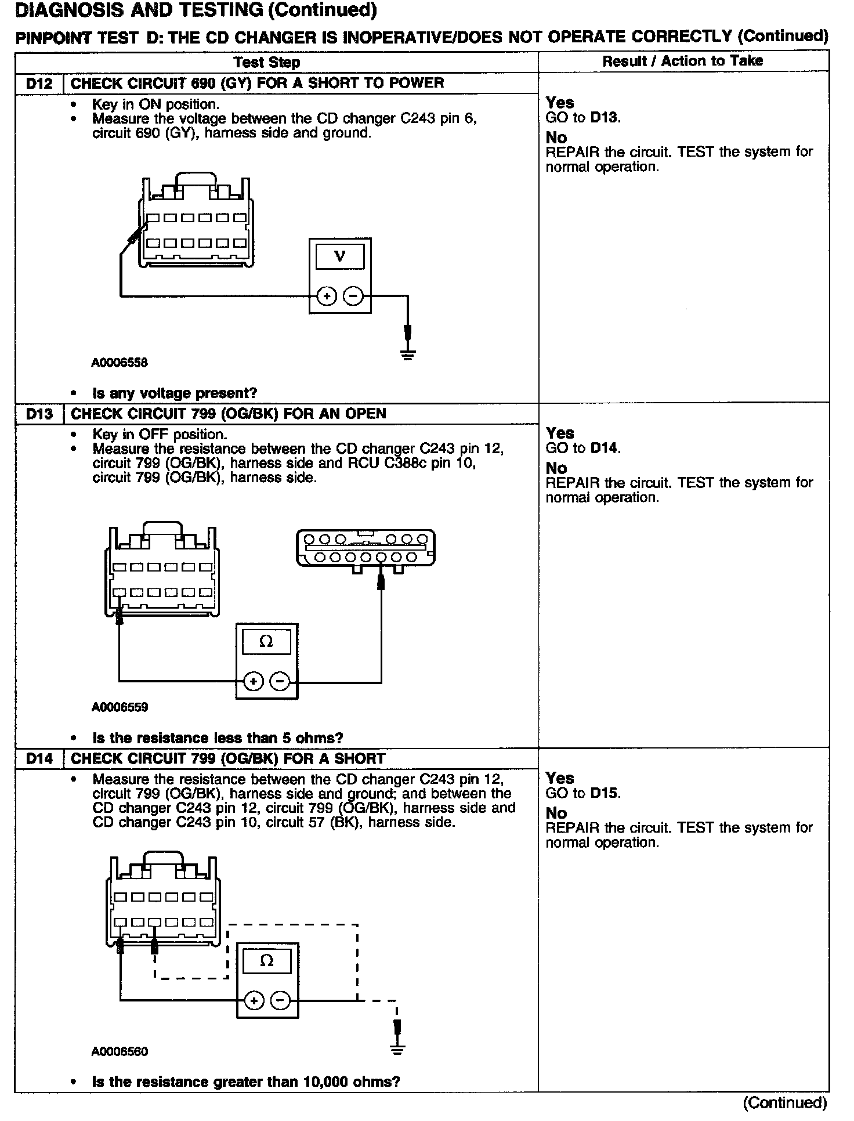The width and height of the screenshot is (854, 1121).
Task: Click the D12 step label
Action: click(39, 84)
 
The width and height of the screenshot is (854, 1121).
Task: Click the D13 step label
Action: click(39, 414)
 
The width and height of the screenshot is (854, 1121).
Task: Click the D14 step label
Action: click(39, 759)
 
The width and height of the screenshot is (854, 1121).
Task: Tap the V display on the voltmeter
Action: click(340, 256)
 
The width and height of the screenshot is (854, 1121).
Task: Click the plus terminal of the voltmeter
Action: click(327, 296)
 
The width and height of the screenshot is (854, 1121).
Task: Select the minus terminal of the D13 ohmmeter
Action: click(280, 681)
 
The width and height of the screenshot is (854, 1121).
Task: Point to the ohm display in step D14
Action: click(267, 961)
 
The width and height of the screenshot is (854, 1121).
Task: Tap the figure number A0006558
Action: click(120, 363)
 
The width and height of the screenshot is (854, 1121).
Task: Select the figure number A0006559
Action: click(120, 707)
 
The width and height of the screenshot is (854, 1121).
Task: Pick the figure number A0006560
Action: click(120, 1051)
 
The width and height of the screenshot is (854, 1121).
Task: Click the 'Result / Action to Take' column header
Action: click(682, 62)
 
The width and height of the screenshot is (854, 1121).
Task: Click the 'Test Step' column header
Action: click(267, 63)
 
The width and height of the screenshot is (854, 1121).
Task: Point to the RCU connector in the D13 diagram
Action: click(366, 548)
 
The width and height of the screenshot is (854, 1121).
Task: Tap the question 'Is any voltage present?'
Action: click(174, 393)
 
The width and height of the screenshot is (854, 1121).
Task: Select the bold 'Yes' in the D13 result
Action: click(560, 433)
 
